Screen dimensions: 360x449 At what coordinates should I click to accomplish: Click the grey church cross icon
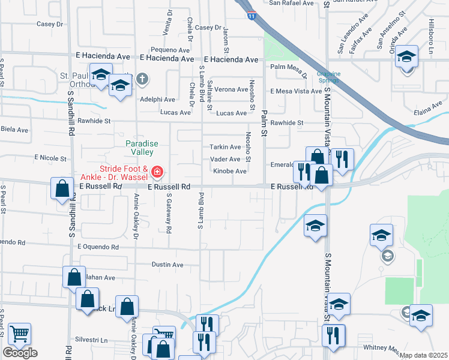click(x=142, y=78)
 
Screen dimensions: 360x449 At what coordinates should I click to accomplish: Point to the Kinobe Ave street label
click(x=229, y=172)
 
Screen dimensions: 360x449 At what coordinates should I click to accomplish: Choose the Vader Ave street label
click(x=225, y=159)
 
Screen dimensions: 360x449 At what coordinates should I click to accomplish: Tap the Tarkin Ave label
click(x=225, y=147)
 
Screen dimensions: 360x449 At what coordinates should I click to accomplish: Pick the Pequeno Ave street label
click(x=170, y=50)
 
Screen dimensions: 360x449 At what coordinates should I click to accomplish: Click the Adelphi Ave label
click(x=157, y=100)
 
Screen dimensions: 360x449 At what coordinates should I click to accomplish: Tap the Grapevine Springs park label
click(x=328, y=77)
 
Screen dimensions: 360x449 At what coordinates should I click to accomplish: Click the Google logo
click(x=20, y=353)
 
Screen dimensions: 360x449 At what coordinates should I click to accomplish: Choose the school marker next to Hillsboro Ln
click(x=407, y=58)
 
